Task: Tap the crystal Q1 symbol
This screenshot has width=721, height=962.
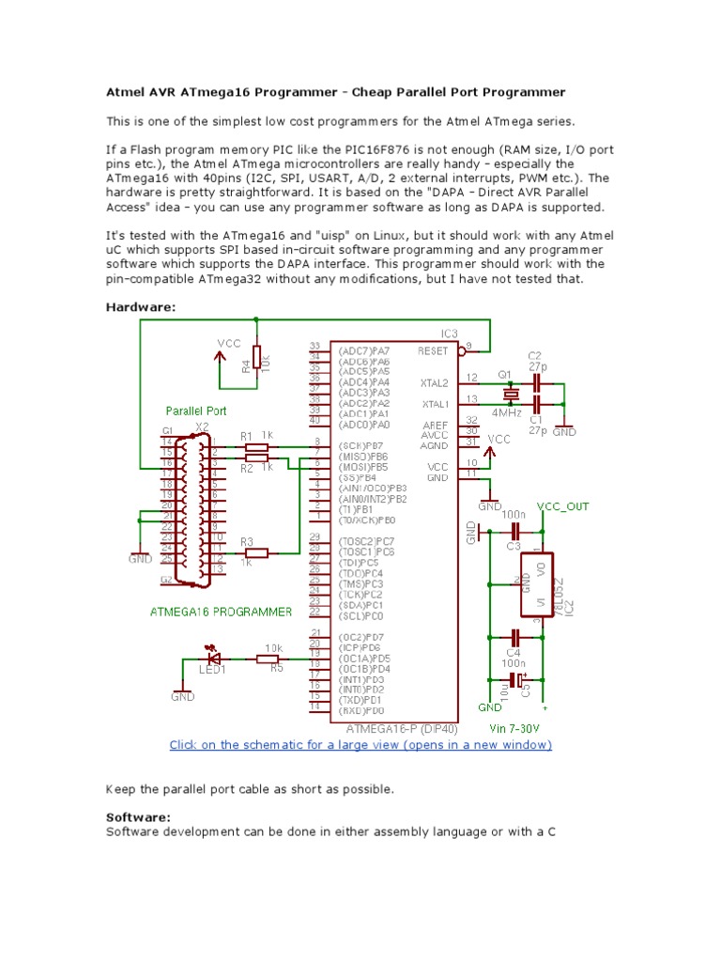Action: point(507,393)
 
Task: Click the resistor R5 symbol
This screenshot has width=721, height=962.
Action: point(269,659)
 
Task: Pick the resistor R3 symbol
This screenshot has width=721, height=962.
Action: point(255,552)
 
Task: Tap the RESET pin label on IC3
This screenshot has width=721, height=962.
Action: point(434,349)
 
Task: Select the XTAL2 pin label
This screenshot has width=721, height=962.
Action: point(435,383)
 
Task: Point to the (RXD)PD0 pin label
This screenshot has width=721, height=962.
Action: point(360,711)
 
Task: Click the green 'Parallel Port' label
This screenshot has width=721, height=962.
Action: point(196,411)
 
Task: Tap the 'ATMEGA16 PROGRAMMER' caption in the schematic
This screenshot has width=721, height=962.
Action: point(222,611)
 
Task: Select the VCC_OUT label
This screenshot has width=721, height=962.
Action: point(563,505)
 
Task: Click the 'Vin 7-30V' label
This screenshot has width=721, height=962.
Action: point(514,728)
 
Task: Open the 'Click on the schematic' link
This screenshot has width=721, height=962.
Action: point(360,745)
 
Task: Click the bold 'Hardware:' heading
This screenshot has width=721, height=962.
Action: point(141,307)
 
